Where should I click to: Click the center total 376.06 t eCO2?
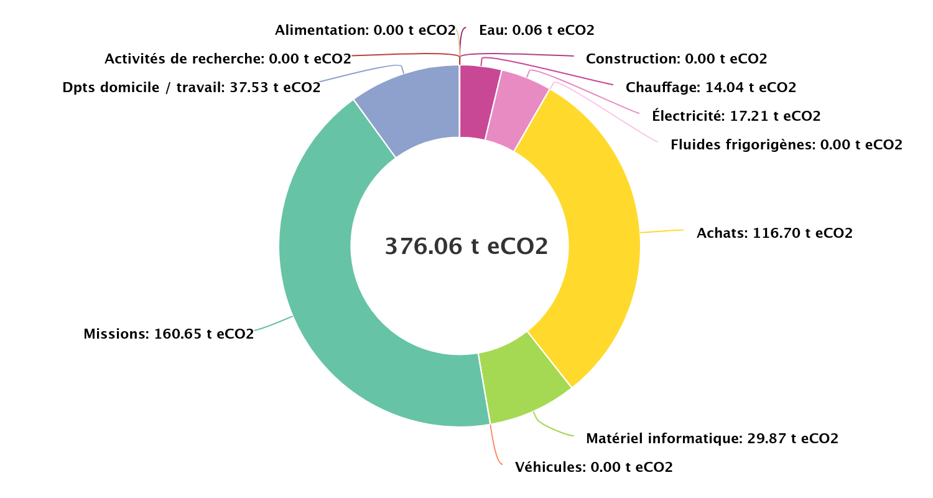click(466, 247)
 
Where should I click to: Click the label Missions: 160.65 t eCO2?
click(169, 334)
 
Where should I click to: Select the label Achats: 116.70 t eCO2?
click(774, 233)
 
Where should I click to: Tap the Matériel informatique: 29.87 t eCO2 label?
click(712, 439)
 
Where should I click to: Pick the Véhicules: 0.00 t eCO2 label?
click(594, 467)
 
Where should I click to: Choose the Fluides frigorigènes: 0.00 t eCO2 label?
click(786, 145)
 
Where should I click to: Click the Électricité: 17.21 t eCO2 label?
click(736, 116)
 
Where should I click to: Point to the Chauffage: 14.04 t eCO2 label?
click(711, 88)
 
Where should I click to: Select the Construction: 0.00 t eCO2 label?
click(677, 59)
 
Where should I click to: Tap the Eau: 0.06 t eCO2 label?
click(537, 30)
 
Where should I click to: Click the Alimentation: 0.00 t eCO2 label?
click(365, 30)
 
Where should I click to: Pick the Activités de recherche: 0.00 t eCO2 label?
click(228, 59)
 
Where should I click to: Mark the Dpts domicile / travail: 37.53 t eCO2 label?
click(192, 88)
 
